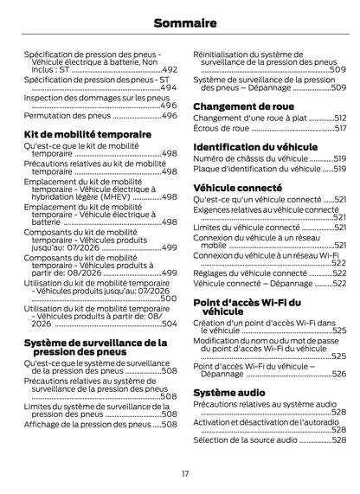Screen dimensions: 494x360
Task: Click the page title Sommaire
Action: [x=179, y=20]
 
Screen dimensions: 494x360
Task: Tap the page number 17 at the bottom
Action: [x=184, y=473]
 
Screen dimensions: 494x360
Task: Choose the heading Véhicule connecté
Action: [x=236, y=187]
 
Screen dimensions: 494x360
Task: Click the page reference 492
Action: [x=170, y=69]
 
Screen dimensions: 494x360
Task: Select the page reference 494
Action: [x=169, y=88]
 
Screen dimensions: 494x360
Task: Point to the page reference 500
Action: [x=169, y=298]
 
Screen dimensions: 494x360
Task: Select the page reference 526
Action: [x=338, y=374]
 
